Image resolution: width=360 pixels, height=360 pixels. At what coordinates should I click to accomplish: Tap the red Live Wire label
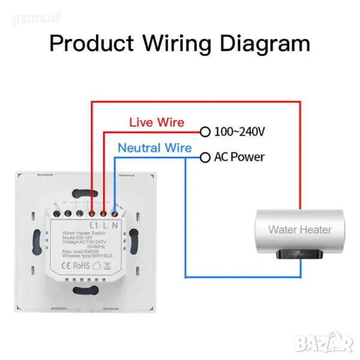tap(157, 122)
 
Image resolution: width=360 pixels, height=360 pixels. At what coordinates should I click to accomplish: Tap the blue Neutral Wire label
tap(155, 148)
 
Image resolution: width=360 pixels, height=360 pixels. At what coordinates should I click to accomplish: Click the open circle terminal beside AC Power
tap(205, 157)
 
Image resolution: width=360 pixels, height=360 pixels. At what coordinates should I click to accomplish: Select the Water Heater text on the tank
tap(299, 229)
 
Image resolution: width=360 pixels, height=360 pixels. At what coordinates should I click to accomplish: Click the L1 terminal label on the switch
tap(94, 224)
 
